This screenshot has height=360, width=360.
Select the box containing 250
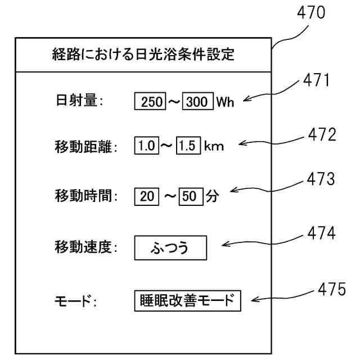coord(150,103)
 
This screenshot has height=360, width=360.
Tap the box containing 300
coord(196,103)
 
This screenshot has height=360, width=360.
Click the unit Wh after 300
coord(223,103)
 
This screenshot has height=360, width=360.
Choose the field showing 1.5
coord(187,148)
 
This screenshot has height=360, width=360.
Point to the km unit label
coord(214,148)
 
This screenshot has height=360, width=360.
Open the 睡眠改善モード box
coord(187,300)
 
